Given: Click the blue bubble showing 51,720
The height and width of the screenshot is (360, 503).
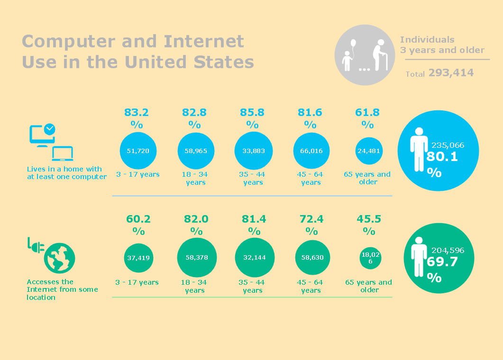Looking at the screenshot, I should pos(138,151).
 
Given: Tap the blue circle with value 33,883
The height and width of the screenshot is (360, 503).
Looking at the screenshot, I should pos(254,151).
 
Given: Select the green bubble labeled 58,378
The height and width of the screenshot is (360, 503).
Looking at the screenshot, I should pos(196,257).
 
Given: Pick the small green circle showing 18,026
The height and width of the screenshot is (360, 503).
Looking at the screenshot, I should pos(369,258).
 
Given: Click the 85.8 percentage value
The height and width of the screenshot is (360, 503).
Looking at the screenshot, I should pos(253,113).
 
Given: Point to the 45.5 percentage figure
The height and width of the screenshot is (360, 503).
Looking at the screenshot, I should pos(368,219).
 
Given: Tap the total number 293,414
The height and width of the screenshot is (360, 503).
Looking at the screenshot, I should pos(451,72).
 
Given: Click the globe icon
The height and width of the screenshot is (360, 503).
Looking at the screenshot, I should pos(59,258).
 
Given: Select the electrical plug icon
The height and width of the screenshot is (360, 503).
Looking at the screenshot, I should pos(35,246).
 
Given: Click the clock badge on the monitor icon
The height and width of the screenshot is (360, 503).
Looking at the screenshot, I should pos(49,129).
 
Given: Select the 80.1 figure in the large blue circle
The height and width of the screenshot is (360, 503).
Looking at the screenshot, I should pos(442,156).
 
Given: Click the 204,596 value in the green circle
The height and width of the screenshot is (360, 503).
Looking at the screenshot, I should pos(448,250).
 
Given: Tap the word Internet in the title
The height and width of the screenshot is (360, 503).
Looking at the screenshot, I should pos(204,42).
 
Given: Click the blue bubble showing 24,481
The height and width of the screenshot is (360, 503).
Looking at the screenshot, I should pos(369,151).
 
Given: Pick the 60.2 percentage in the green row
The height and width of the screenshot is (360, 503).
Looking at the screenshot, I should pos(138,219).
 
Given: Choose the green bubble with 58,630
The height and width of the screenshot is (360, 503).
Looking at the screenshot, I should pos(312,257).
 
